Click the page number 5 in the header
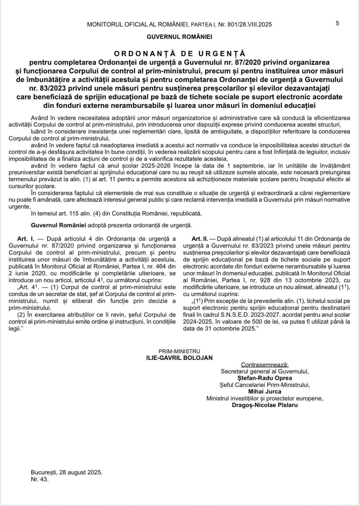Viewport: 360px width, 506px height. coord(338,23)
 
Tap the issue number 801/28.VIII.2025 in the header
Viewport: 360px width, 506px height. coord(249,24)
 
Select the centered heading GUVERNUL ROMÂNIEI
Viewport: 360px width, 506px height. coord(180,37)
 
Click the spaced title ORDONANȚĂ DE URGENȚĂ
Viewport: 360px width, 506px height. coord(180,53)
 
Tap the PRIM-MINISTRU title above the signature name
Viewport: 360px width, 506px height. coord(179,351)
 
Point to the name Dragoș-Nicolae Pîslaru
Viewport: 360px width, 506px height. coord(265,405)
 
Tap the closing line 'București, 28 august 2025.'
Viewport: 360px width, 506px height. coord(67,472)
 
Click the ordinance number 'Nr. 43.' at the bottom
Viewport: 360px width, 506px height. coord(40,479)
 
